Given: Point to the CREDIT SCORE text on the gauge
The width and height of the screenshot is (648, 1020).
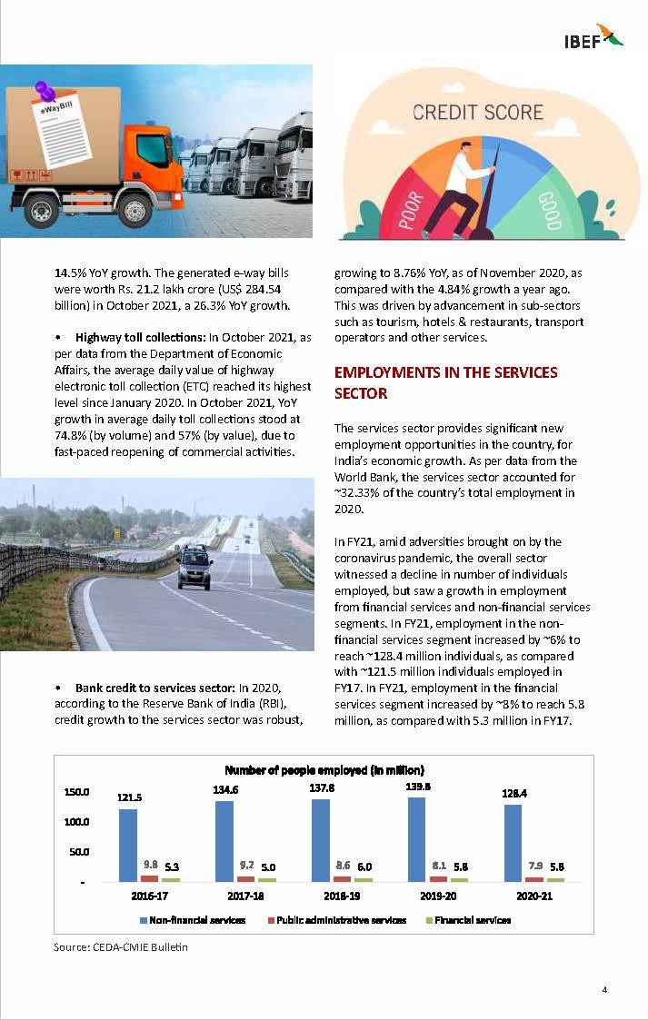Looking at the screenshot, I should click(477, 114).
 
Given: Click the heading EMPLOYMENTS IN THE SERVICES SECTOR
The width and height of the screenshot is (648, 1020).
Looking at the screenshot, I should click(445, 382).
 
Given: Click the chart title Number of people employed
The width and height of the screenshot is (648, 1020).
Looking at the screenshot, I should click(324, 770).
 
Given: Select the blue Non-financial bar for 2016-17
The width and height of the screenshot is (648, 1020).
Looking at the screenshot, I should click(128, 845).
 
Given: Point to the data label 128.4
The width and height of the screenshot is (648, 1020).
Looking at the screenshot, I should click(514, 793).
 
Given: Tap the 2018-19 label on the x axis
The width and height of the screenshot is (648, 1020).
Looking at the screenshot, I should click(342, 896).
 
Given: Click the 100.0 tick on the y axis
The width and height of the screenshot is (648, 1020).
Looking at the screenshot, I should click(76, 822).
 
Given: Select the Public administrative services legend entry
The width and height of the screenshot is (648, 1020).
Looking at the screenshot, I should click(337, 920).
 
